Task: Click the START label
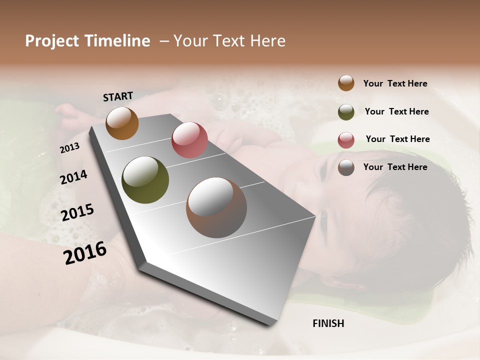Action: (x=118, y=96)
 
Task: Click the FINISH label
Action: (x=328, y=323)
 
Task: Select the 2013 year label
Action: (x=70, y=148)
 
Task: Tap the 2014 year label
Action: (x=74, y=177)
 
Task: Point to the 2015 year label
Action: (x=77, y=212)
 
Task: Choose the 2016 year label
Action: (x=85, y=252)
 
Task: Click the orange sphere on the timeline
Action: (x=122, y=123)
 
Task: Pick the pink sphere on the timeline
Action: (x=189, y=139)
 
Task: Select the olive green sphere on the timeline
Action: (x=145, y=180)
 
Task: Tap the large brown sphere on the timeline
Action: (x=216, y=207)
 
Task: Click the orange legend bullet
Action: (x=346, y=83)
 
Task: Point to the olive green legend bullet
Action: (x=346, y=111)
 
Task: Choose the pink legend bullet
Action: (x=346, y=139)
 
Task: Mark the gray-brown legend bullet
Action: (x=346, y=167)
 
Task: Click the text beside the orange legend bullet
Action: (x=395, y=83)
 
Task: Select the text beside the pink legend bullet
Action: (x=397, y=139)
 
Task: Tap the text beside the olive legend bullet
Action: (x=396, y=111)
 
